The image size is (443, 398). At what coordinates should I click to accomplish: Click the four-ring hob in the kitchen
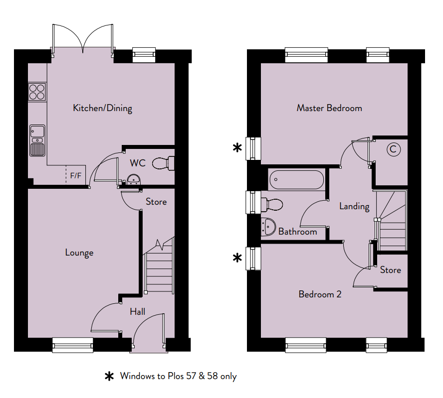pos(37,92)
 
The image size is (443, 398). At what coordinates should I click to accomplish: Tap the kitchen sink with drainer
pos(37,140)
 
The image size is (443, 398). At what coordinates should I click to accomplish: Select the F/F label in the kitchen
pos(76,176)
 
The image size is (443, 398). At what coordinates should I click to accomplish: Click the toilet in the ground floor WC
pos(163,163)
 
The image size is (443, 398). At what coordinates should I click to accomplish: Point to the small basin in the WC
pos(133,180)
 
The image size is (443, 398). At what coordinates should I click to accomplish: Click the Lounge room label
pos(79,253)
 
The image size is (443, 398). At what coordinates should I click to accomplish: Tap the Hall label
pos(138,312)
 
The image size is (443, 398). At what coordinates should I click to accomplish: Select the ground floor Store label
pos(156,202)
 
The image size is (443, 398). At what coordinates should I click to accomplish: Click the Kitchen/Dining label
pos(103,108)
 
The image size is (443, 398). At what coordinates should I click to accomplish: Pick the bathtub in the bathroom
pos(297,179)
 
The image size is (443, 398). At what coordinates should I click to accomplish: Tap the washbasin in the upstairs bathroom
pos(268,226)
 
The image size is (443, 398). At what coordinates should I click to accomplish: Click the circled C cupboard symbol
pos(394,149)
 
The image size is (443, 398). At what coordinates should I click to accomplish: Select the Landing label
pos(354,207)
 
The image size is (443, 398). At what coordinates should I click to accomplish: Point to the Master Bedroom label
pos(329,108)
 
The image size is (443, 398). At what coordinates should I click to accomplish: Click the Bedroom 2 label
pos(320,294)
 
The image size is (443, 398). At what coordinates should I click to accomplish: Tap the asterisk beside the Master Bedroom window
pos(237,147)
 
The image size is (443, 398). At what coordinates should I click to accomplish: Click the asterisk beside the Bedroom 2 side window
pos(237,258)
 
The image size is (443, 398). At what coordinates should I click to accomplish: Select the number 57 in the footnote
pos(191,376)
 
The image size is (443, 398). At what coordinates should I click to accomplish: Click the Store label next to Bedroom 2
pos(391,270)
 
